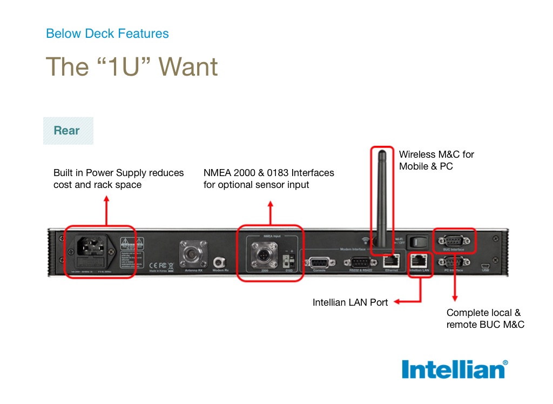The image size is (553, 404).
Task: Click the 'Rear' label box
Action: [x=68, y=131]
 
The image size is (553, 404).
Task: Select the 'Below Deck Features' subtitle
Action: [x=107, y=33]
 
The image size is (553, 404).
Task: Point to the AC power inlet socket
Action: [x=90, y=247]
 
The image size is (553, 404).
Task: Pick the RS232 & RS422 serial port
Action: [x=360, y=262]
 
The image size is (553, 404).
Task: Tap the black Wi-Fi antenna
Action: [x=382, y=200]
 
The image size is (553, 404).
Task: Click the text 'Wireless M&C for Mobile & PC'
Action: [x=436, y=160]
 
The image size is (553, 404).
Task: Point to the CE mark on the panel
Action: [x=153, y=266]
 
